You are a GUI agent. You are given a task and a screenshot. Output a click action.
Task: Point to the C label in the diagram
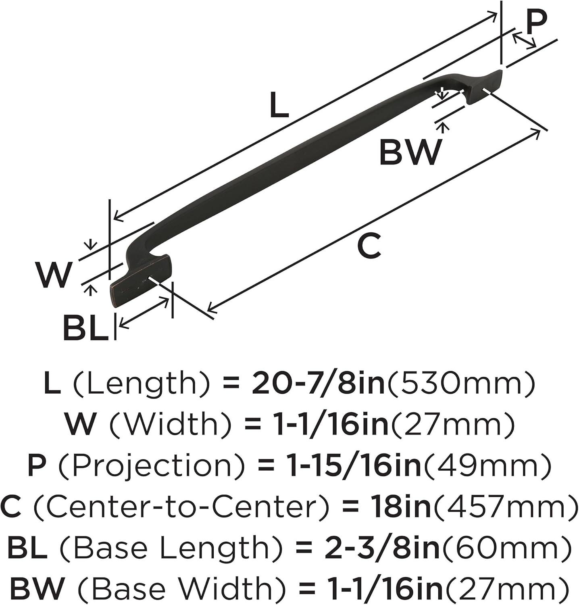tap(369, 246)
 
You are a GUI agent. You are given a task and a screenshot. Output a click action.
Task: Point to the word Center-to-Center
tap(181, 507)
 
